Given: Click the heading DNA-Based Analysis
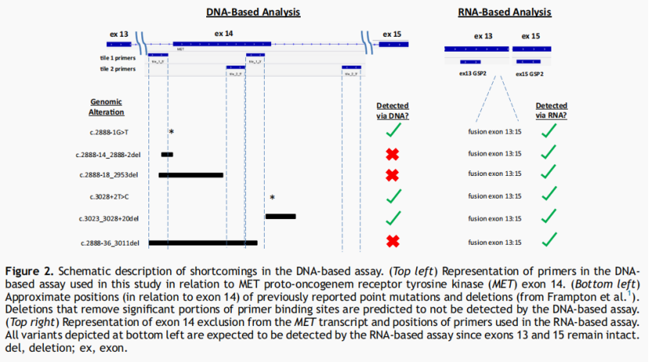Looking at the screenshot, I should click(253, 13).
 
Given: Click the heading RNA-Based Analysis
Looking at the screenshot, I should click(505, 13).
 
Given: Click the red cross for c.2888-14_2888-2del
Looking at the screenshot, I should click(393, 154).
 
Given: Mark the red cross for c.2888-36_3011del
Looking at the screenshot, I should click(393, 242).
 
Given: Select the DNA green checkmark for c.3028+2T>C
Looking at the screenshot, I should click(393, 196).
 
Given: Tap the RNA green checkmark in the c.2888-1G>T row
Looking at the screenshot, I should click(549, 131).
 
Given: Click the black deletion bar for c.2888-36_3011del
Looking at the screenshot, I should click(203, 243).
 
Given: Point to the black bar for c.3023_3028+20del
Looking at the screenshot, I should click(280, 217).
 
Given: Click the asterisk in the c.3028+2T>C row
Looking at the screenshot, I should click(272, 198).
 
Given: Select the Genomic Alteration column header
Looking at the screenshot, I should click(107, 107).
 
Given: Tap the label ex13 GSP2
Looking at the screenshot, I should click(472, 73).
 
